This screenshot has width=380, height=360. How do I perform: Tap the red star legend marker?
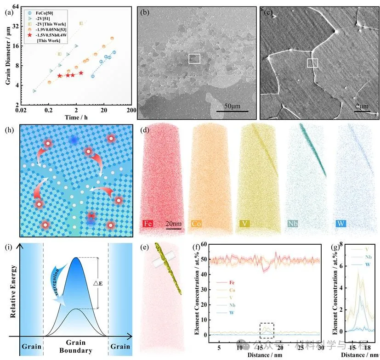(x=30, y=34)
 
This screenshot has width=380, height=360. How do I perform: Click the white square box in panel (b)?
(x=194, y=58)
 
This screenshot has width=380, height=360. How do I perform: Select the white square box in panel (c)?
(x=312, y=63)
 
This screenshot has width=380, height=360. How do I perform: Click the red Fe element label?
(x=148, y=224)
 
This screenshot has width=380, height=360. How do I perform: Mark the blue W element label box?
(x=340, y=224)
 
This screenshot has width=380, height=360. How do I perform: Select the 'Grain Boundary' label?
(x=76, y=347)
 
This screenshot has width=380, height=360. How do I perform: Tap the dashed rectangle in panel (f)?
(x=267, y=330)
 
